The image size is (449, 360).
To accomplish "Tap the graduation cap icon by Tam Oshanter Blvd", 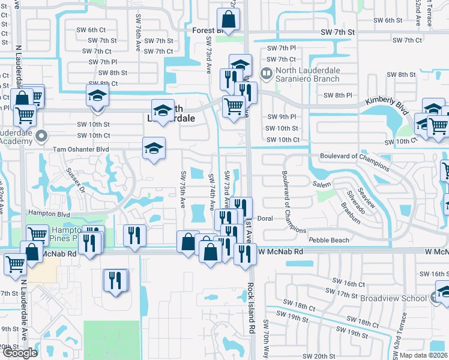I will point(154,148).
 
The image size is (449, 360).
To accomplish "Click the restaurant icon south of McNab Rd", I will point(116,280).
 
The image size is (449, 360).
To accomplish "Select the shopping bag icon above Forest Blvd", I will point(228,17).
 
